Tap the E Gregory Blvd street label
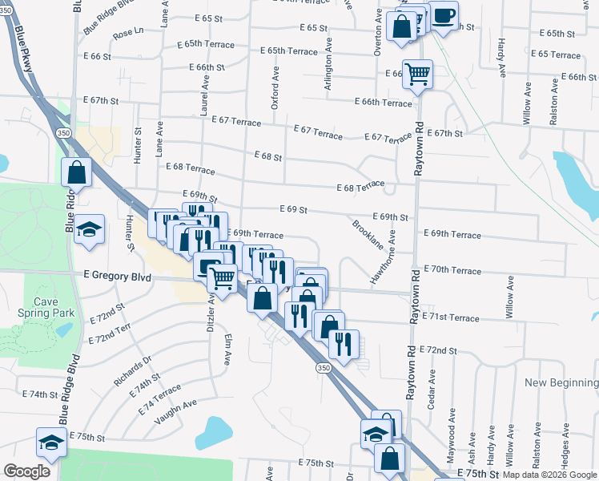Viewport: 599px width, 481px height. [117, 274]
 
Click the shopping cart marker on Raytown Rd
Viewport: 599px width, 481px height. [417, 75]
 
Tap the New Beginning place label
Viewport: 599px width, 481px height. [561, 383]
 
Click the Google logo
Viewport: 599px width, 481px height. [27, 471]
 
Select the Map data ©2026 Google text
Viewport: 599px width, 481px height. [549, 475]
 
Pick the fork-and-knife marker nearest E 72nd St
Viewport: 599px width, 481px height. [344, 345]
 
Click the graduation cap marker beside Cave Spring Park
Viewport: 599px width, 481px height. [90, 228]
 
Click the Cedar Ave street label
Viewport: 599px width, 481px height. [431, 390]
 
